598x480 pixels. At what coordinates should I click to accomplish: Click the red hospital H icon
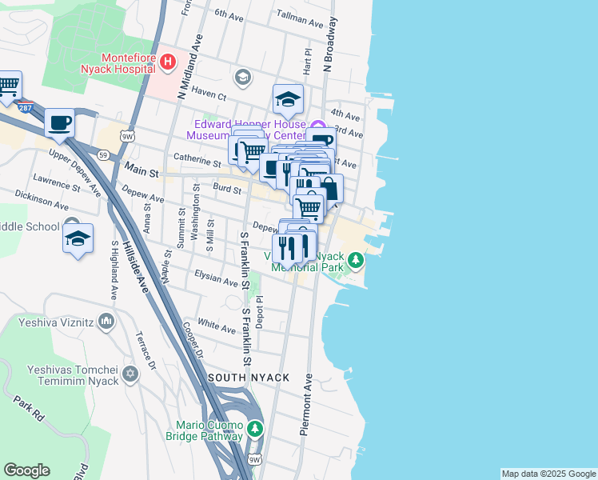[x=167, y=61]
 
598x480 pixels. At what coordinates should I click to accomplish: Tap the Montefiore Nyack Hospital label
[x=128, y=62]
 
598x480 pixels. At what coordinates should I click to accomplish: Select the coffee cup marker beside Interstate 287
[x=59, y=123]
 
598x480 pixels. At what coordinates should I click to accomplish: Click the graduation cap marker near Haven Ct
[x=288, y=99]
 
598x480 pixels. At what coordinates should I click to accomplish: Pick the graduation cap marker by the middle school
[x=78, y=238]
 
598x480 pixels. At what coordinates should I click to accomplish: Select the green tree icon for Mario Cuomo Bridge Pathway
[x=254, y=429]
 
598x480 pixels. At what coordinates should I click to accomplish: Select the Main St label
[x=142, y=171]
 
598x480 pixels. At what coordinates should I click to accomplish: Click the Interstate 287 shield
[x=26, y=106]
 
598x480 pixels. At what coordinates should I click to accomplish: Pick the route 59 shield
[x=103, y=153]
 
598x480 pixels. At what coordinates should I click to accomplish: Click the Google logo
[x=27, y=470]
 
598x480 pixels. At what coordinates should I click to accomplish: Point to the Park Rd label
[x=26, y=406]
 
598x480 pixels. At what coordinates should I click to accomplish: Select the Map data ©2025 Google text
[x=548, y=474]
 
